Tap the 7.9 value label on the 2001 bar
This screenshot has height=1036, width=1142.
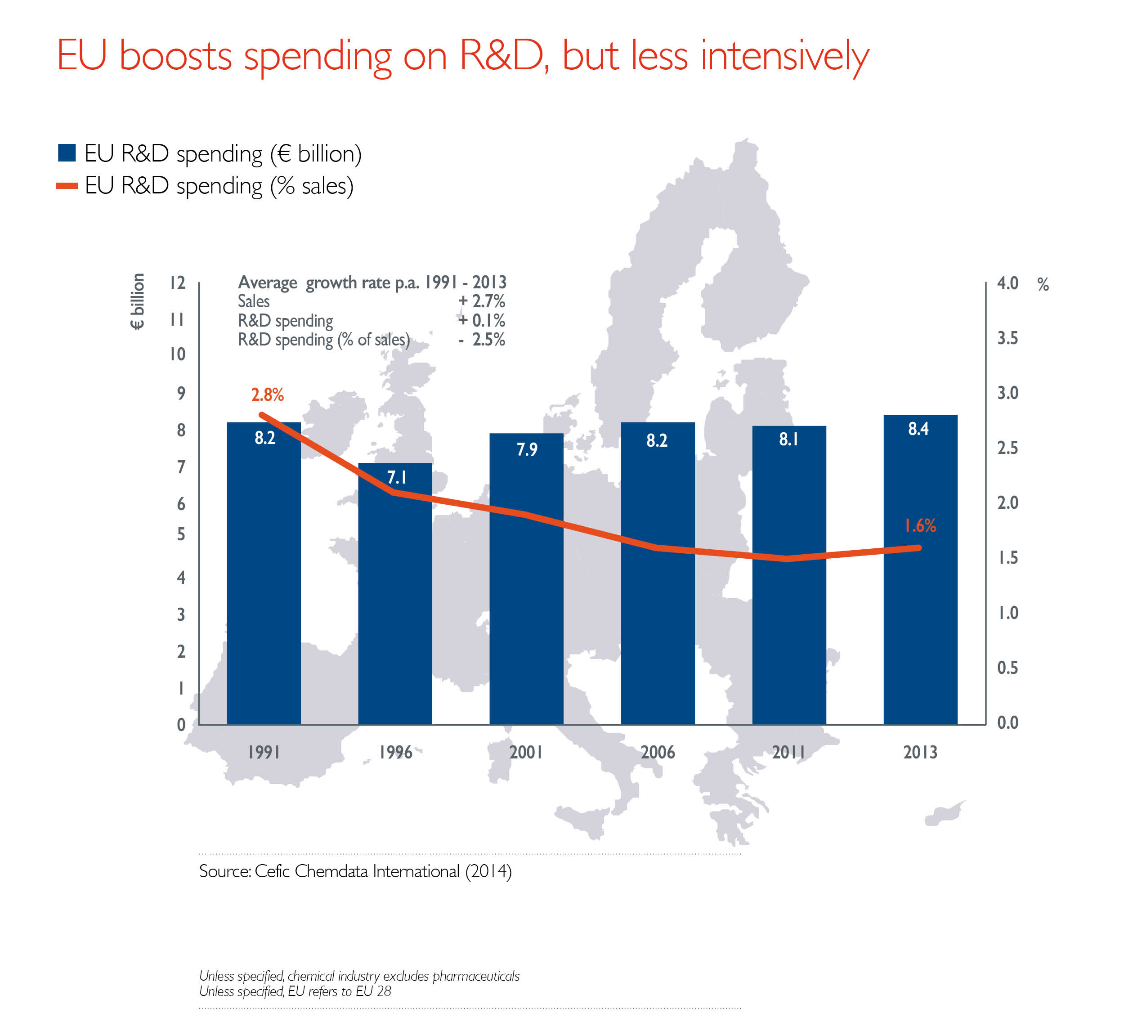pyautogui.click(x=527, y=450)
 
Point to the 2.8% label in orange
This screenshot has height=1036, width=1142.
pyautogui.click(x=267, y=395)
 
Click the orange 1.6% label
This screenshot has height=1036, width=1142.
pyautogui.click(x=920, y=525)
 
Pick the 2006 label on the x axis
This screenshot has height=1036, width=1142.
pyautogui.click(x=658, y=752)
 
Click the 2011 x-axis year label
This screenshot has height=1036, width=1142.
pyautogui.click(x=788, y=752)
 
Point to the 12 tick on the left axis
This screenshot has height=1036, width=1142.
pyautogui.click(x=177, y=283)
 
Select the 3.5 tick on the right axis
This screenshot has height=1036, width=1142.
pyautogui.click(x=1008, y=338)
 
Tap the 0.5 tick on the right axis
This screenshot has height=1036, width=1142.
pyautogui.click(x=1008, y=668)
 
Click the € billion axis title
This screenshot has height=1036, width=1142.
pyautogui.click(x=138, y=301)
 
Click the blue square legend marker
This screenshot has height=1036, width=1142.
pyautogui.click(x=67, y=153)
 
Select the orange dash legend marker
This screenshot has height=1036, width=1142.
pyautogui.click(x=67, y=186)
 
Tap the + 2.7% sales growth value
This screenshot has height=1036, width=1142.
pyautogui.click(x=482, y=301)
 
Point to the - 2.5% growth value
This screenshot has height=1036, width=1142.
pyautogui.click(x=482, y=339)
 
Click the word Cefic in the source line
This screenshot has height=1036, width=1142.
pyautogui.click(x=273, y=871)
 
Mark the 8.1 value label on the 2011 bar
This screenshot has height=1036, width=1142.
pyautogui.click(x=788, y=439)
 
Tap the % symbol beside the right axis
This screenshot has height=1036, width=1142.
pyautogui.click(x=1043, y=284)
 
